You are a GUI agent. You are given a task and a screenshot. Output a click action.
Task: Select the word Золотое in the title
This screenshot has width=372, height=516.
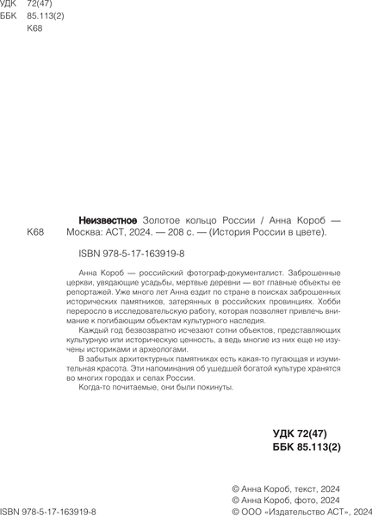(x=162, y=219)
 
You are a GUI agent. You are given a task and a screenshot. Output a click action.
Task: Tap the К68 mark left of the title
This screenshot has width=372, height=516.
(x=36, y=232)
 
